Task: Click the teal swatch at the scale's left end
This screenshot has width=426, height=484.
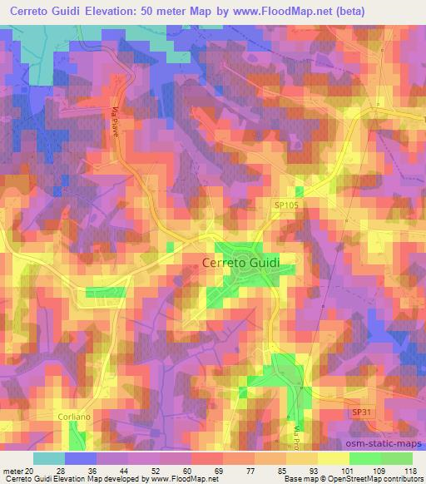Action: click(x=48, y=458)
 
